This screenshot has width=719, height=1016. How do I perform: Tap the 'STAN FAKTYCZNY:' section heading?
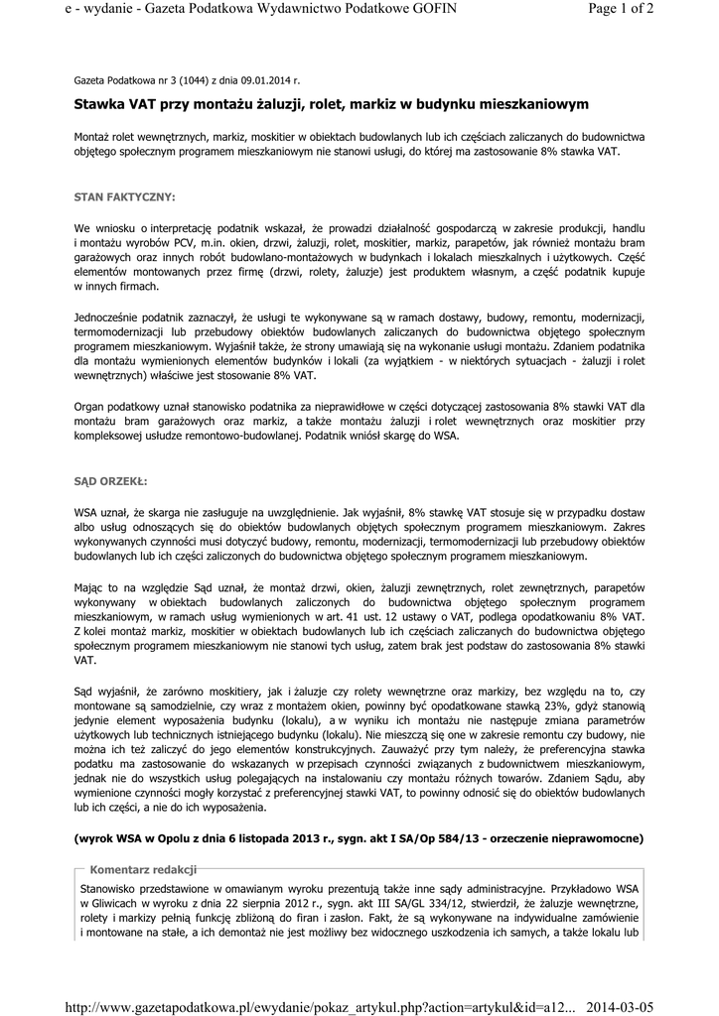(x=125, y=197)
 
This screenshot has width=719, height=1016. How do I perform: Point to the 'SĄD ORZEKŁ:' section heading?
(x=110, y=481)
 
